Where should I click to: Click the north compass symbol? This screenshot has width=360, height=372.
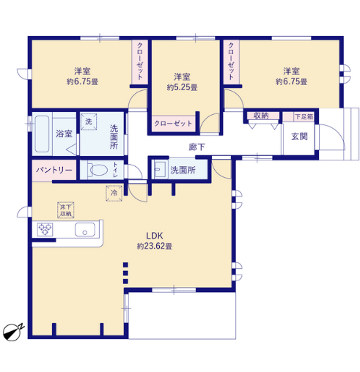pyautogui.click(x=13, y=332)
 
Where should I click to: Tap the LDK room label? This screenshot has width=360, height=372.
pyautogui.click(x=154, y=236)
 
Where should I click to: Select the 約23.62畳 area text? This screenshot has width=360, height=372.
pyautogui.click(x=154, y=246)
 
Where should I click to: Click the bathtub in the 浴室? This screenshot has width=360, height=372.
pyautogui.click(x=42, y=134)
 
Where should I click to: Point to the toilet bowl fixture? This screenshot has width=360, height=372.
pyautogui.click(x=98, y=170)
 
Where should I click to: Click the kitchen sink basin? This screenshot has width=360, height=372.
pyautogui.click(x=85, y=230)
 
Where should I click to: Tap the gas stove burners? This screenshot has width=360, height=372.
pyautogui.click(x=45, y=230)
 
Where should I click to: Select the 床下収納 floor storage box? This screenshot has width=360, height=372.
pyautogui.click(x=66, y=210)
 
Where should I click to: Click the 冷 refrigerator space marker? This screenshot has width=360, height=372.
pyautogui.click(x=114, y=193)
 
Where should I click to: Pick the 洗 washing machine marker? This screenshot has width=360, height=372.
pyautogui.click(x=89, y=122)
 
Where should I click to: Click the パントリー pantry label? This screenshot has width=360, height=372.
pyautogui.click(x=54, y=170)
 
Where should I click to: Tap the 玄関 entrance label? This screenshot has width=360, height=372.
pyautogui.click(x=299, y=136)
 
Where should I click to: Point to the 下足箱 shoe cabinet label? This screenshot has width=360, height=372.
pyautogui.click(x=304, y=116)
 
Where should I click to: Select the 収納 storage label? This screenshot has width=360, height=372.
pyautogui.click(x=261, y=116)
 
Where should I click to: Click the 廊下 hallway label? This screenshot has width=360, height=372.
pyautogui.click(x=196, y=147)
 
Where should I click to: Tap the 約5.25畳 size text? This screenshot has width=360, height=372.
pyautogui.click(x=182, y=87)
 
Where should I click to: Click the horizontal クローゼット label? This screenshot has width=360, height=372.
pyautogui.click(x=173, y=124)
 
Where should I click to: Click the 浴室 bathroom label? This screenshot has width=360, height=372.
pyautogui.click(x=64, y=133)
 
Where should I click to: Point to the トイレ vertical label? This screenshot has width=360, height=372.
pyautogui.click(x=115, y=170)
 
